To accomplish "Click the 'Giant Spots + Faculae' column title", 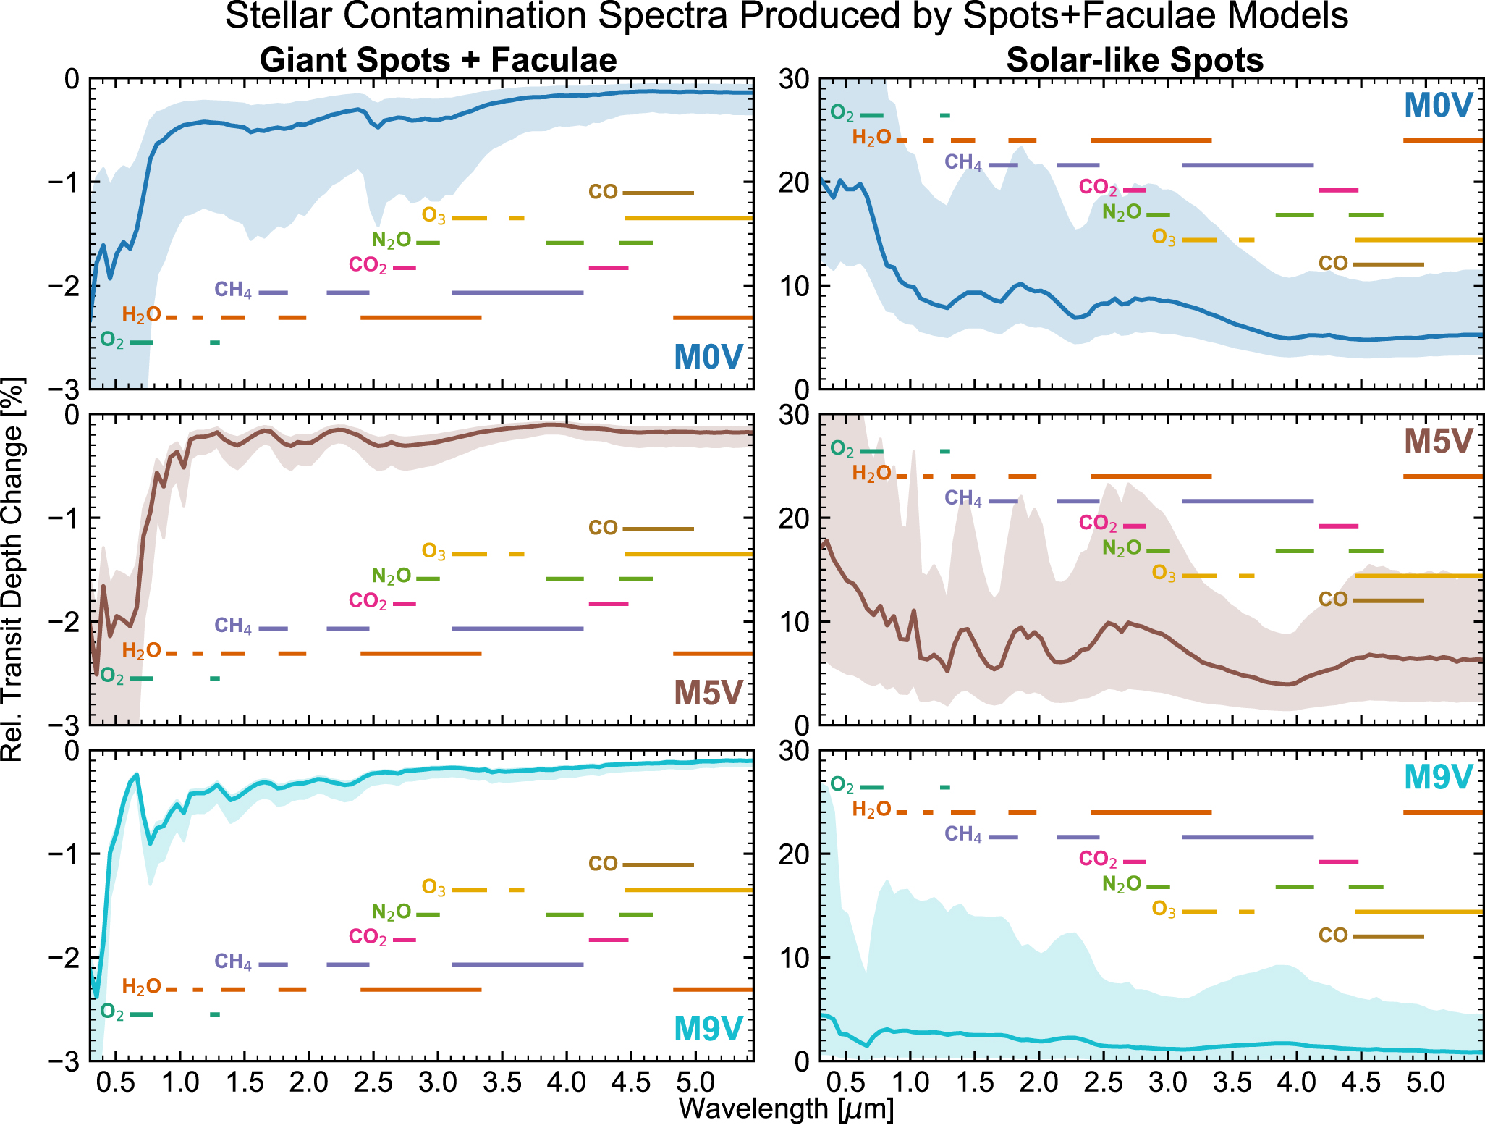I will tap(438, 59).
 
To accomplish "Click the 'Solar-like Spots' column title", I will tap(1134, 59).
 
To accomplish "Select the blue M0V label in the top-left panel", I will tap(708, 356).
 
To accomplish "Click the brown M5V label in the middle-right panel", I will tap(1438, 441).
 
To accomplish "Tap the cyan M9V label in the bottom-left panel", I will tap(708, 1028).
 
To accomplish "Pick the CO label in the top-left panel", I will tap(603, 193).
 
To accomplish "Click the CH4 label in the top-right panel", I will tap(962, 162).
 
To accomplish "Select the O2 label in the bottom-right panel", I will tap(842, 785).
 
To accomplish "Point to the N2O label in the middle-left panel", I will tap(391, 576).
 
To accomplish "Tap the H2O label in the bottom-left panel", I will tap(141, 987).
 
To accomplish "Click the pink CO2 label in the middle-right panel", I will tap(1097, 523).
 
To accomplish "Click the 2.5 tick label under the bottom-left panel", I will tap(373, 1083).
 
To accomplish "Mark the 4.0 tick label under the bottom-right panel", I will tap(1296, 1083).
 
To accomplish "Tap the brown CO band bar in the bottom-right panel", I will tap(1388, 936).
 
